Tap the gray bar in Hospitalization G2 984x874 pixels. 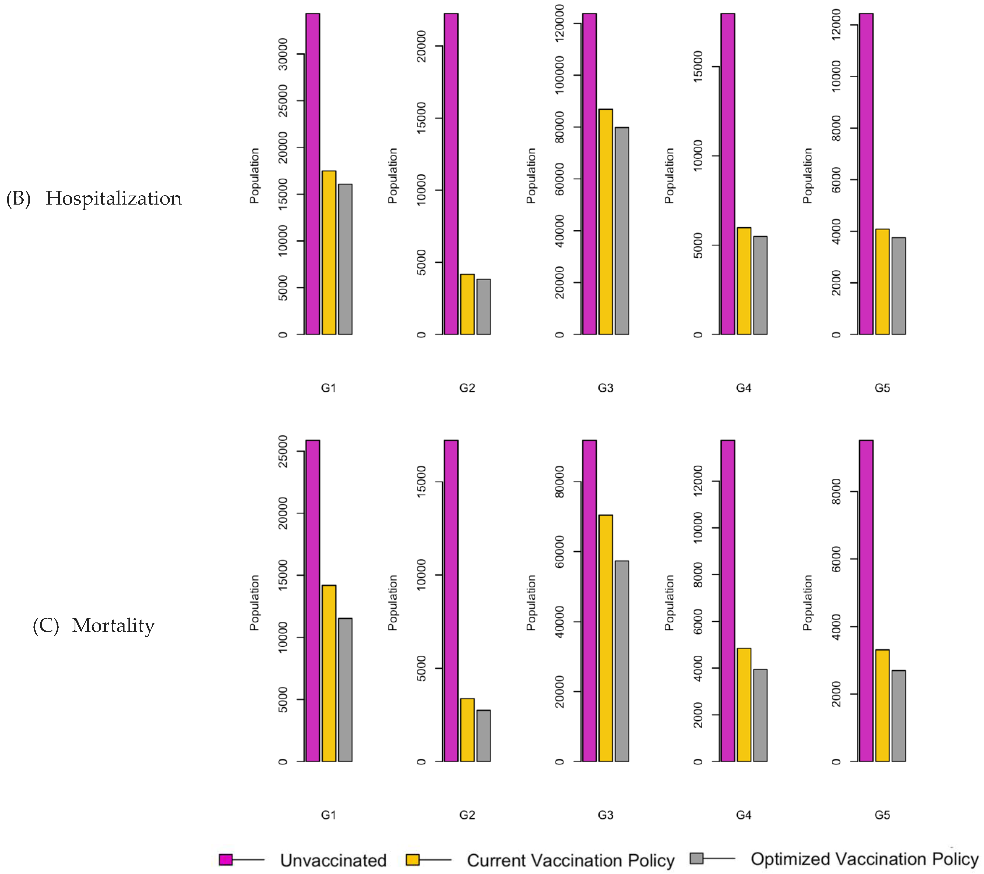tap(483, 306)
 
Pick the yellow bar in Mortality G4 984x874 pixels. tap(744, 705)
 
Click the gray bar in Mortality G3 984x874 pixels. tap(621, 661)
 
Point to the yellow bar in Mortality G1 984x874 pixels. tap(329, 673)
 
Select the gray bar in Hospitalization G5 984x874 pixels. tap(898, 286)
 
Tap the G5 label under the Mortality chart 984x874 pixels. tap(882, 815)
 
